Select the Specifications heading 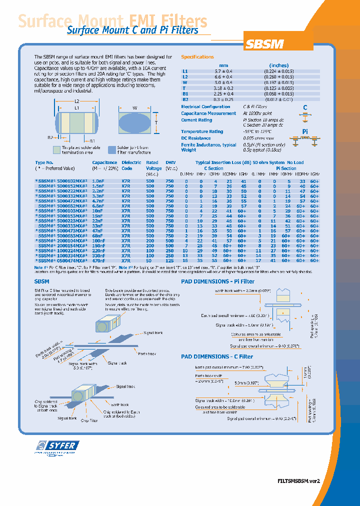197,57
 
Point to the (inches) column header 278,65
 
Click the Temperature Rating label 202,131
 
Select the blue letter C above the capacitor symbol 305,107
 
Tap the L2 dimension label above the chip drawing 77,102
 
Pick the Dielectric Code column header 131,165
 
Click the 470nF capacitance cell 99,260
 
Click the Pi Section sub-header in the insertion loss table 285,168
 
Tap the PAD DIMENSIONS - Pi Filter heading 217,281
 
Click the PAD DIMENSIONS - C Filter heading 216,356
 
